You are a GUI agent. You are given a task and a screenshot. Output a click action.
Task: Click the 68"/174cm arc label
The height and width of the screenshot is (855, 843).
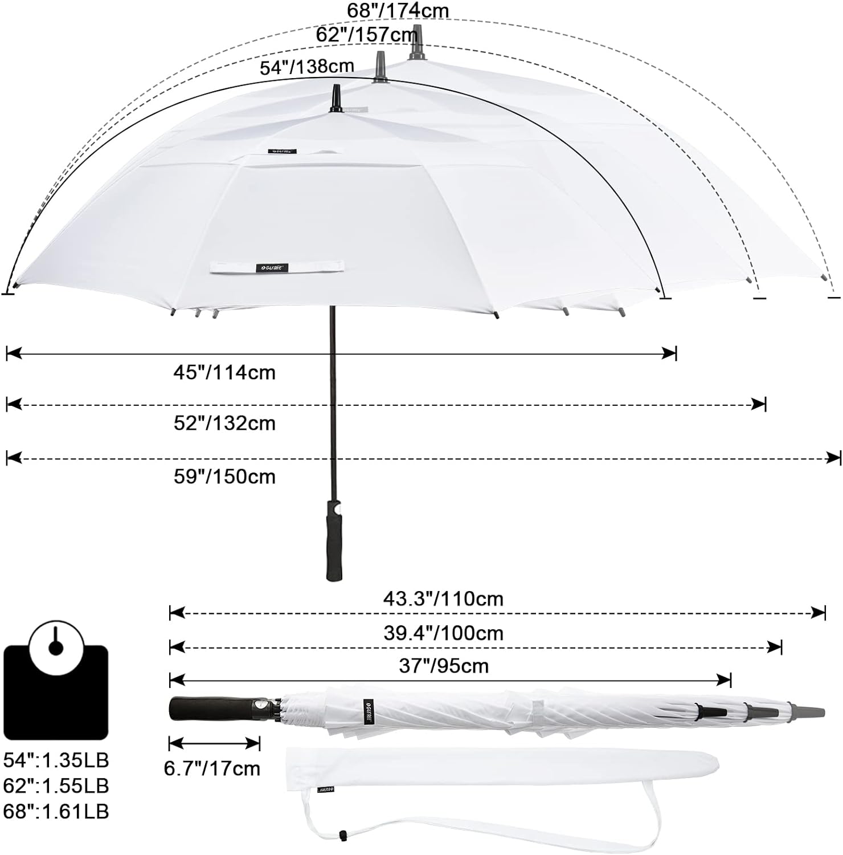click(x=398, y=10)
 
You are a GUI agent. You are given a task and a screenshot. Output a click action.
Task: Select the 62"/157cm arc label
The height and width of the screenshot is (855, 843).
click(x=367, y=35)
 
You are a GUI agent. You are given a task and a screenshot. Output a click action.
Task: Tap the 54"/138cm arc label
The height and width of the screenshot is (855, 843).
click(x=307, y=67)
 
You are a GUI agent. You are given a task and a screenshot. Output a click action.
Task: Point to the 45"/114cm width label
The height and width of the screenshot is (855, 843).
click(x=224, y=372)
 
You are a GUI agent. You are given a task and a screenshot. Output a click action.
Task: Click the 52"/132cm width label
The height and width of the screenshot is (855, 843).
click(x=224, y=423)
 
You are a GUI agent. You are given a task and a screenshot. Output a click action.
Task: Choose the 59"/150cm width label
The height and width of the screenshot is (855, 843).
click(x=224, y=476)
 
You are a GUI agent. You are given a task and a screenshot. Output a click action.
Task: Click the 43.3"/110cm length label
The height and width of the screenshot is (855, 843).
click(x=443, y=599)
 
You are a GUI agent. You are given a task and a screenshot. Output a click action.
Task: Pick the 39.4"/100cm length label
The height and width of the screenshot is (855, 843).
click(x=443, y=633)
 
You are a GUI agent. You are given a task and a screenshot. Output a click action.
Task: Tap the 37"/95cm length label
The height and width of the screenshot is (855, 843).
click(x=444, y=665)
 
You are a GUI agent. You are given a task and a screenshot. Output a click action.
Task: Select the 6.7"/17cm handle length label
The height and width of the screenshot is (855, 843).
click(x=212, y=768)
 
